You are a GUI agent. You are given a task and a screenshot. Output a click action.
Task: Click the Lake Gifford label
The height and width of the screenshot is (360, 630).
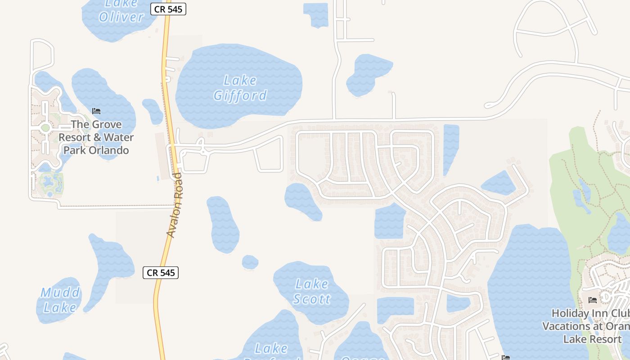pos(240,88)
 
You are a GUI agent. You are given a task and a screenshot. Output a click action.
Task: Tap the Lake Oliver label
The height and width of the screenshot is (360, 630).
pos(121,11)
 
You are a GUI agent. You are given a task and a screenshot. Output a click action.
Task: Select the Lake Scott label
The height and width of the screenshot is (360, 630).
pos(312,291)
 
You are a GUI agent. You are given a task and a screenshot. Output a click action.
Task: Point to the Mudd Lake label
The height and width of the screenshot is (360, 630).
pos(60,300)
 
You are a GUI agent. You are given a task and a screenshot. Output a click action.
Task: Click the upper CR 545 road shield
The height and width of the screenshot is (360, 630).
pos(168,9)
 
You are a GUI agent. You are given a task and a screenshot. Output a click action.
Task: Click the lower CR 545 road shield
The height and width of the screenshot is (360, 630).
pos(161,272)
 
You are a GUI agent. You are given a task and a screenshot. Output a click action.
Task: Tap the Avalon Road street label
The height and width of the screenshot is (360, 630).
pos(174,205)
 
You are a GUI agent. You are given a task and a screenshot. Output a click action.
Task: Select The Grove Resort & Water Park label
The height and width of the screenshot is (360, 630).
pos(96,137)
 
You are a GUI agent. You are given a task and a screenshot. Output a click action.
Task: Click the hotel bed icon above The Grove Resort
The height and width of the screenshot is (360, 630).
pos(96,111)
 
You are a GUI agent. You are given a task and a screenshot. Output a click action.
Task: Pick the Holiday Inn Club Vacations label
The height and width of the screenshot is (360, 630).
pos(589,326)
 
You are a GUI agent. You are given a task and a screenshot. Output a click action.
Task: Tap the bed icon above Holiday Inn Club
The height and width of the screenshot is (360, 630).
pos(592,300)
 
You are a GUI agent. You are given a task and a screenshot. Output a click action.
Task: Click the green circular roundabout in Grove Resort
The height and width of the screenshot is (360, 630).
pos(45,128)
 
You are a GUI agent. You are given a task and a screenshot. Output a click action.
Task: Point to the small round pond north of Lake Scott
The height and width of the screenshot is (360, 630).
pos(250,262)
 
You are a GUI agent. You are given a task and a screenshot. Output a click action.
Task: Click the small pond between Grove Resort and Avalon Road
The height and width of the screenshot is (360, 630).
pos(153,111)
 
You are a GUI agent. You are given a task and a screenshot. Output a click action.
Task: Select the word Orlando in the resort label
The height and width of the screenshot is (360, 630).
pos(109,150)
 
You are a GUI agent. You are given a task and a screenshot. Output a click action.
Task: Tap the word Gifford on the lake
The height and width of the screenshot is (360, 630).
pos(240,95)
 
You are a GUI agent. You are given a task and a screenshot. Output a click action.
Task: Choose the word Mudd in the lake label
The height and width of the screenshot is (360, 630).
pos(60,293)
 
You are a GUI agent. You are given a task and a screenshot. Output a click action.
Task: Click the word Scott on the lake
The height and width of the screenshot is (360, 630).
pos(312,299)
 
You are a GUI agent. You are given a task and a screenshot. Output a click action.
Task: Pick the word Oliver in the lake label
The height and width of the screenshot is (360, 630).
pos(121,17)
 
